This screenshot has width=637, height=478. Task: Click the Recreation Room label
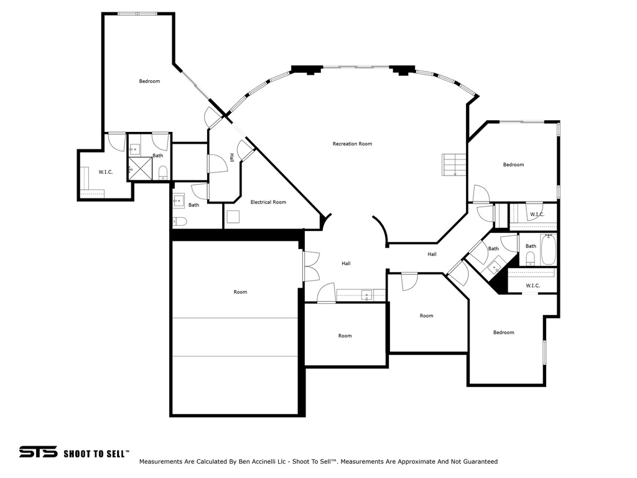click(352, 144)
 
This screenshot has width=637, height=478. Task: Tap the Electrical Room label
click(268, 202)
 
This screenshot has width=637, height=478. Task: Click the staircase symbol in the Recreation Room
click(454, 165)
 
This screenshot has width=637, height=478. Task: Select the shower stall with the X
click(140, 168)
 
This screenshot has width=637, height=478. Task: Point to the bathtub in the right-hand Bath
click(547, 250)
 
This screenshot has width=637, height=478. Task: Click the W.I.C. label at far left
click(105, 172)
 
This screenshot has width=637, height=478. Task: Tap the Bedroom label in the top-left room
click(149, 82)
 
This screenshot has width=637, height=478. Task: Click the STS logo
click(38, 452)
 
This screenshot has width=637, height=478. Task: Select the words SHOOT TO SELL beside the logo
click(96, 453)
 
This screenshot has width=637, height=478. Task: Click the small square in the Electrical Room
click(234, 217)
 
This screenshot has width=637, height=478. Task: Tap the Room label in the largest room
click(240, 292)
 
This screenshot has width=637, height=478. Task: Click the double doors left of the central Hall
click(311, 266)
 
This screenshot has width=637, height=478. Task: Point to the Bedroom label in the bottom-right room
click(503, 332)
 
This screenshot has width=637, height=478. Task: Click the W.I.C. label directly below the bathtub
click(532, 286)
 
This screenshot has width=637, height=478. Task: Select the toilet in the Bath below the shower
click(180, 221)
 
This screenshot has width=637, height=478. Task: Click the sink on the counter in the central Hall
click(367, 294)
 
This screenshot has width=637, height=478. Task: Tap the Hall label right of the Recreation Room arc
click(432, 254)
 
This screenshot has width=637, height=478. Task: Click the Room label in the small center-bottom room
click(345, 336)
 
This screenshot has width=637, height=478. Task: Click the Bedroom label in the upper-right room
click(513, 165)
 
